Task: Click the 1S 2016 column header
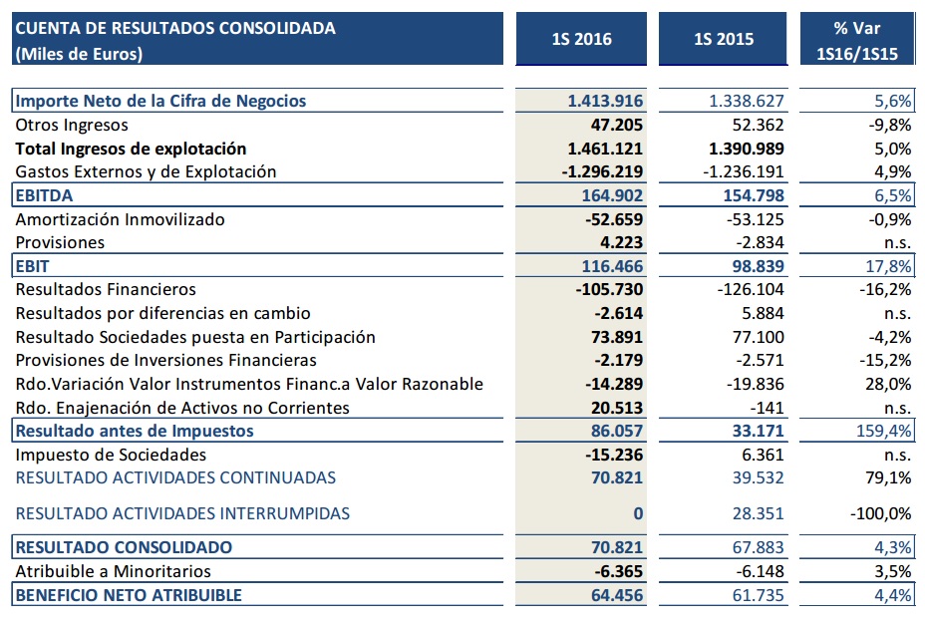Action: (581, 40)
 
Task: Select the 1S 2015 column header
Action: (724, 40)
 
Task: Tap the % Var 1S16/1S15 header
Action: (858, 40)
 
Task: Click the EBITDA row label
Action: (45, 195)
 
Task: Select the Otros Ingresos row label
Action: (73, 125)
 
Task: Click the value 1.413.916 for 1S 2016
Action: (605, 101)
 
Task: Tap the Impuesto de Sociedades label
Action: (112, 455)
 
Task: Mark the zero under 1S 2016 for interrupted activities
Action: (638, 513)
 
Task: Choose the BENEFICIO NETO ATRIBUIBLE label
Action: (129, 595)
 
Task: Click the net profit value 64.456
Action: (613, 595)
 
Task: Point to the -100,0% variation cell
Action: (880, 513)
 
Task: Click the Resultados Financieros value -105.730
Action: (609, 289)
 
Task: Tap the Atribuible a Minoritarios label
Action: (114, 571)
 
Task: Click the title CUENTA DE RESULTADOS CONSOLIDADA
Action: (175, 29)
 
